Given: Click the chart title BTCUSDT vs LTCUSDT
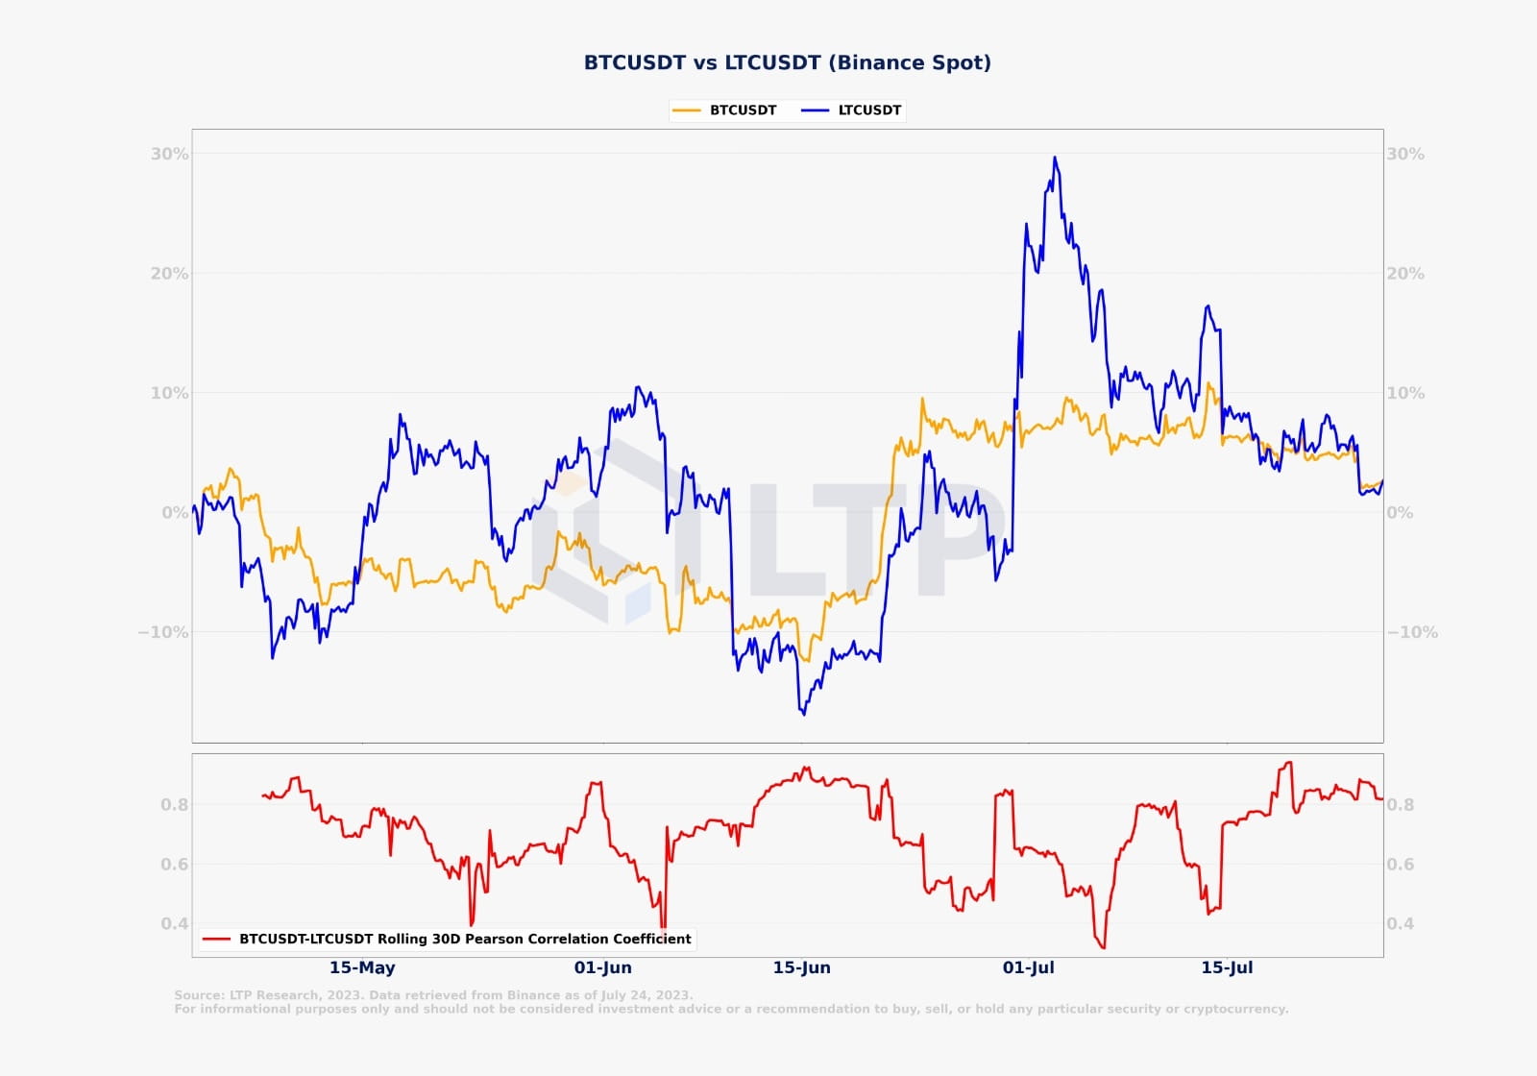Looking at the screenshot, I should pyautogui.click(x=787, y=62).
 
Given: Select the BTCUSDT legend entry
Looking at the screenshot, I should pyautogui.click(x=743, y=110).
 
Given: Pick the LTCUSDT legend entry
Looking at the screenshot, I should pyautogui.click(x=869, y=110).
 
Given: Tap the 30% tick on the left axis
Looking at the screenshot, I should pyautogui.click(x=169, y=154).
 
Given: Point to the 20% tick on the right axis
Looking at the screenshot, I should pyautogui.click(x=1404, y=274).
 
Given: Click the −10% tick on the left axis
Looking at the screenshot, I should pyautogui.click(x=163, y=632).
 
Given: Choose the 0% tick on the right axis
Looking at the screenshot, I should pyautogui.click(x=1400, y=513).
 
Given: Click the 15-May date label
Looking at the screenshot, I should pyautogui.click(x=362, y=967).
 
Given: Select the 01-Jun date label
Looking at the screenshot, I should pyautogui.click(x=603, y=967).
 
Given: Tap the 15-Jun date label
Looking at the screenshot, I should pyautogui.click(x=802, y=967).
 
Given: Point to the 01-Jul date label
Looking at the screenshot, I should pyautogui.click(x=1029, y=967).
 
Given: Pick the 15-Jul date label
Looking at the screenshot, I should pyautogui.click(x=1227, y=967).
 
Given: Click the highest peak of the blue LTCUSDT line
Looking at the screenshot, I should pyautogui.click(x=1055, y=158).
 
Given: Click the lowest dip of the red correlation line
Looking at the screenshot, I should pyautogui.click(x=1103, y=948).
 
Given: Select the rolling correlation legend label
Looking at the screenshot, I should pyautogui.click(x=465, y=939).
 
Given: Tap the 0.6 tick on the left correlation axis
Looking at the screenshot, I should pyautogui.click(x=175, y=865).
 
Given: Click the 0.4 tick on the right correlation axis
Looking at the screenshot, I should pyautogui.click(x=1401, y=924).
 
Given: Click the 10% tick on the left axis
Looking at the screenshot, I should pyautogui.click(x=169, y=393).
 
